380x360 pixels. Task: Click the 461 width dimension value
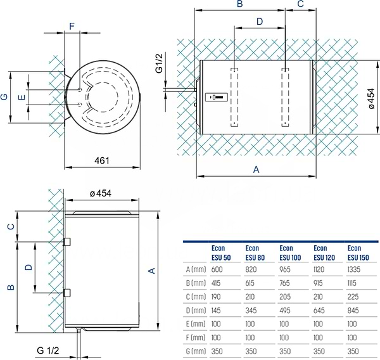click(102, 160)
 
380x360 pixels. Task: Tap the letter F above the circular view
click(72, 26)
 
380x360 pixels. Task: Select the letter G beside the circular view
click(4, 97)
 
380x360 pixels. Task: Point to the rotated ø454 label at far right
click(371, 99)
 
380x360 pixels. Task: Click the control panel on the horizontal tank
click(217, 97)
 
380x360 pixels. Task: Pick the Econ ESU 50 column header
click(221, 253)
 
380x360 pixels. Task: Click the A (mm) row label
click(196, 269)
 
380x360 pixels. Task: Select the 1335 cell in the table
click(353, 269)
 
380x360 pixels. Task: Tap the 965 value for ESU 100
click(285, 269)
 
